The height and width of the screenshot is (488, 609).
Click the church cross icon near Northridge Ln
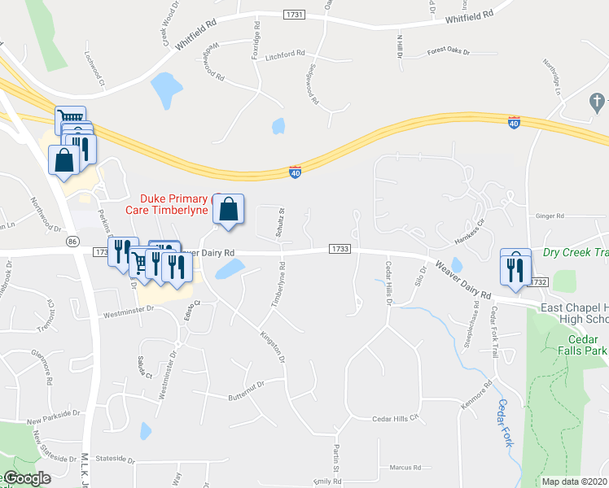(x=597, y=101)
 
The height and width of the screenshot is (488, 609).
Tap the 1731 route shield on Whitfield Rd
(x=295, y=15)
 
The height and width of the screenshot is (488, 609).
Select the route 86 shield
(x=72, y=242)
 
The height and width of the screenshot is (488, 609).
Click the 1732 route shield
(x=537, y=281)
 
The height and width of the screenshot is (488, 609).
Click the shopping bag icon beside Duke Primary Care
(x=229, y=210)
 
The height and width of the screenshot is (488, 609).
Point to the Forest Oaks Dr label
(x=449, y=51)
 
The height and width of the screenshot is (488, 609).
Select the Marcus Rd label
(x=405, y=468)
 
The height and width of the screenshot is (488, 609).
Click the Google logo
(x=27, y=478)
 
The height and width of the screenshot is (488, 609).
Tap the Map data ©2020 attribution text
(x=575, y=481)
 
